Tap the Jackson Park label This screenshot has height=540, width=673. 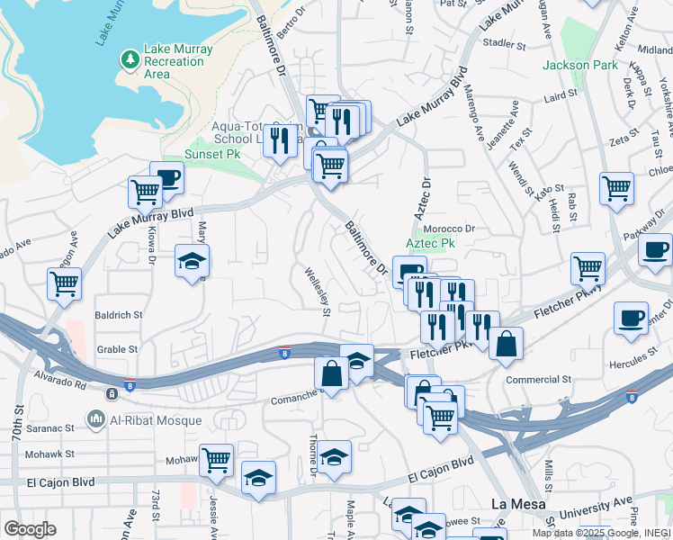[x=579, y=66]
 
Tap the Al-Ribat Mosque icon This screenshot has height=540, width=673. [x=96, y=418]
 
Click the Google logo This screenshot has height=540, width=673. [x=30, y=529]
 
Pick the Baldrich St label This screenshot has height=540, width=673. [x=119, y=316]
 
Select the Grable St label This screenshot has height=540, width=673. [x=117, y=349]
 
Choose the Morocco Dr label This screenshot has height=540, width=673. [x=449, y=229]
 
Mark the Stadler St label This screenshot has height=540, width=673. [x=504, y=42]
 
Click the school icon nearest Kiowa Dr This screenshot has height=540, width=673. [x=192, y=262]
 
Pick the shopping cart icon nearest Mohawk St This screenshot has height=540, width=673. [x=217, y=461]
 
